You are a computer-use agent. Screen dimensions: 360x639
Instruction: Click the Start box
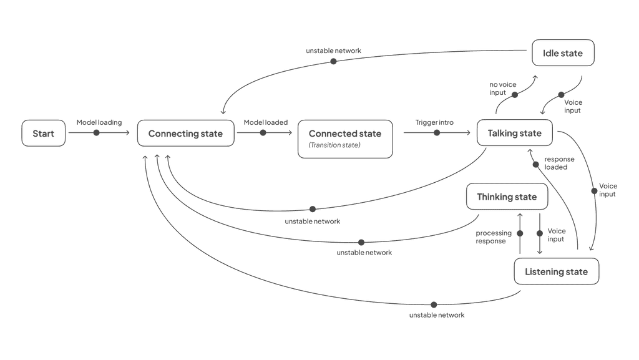44,134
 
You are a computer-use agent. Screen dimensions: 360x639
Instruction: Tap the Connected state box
344,138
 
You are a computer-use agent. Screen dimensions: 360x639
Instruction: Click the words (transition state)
334,145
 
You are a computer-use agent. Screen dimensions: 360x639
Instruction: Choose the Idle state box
562,54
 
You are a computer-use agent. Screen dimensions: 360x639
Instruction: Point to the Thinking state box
507,197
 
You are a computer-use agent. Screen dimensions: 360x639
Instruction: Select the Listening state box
556,272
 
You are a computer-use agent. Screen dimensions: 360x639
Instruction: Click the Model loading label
99,122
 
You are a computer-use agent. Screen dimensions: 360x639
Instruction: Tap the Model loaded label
265,122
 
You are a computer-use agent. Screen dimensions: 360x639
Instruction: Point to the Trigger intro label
434,122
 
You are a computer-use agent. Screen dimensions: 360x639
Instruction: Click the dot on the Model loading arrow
96,133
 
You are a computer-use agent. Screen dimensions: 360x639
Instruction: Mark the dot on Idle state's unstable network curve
333,61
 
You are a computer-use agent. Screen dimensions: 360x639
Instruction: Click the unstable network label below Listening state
437,315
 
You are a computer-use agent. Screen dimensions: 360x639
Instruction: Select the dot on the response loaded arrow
536,165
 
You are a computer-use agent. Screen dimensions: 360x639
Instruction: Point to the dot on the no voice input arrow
515,95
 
